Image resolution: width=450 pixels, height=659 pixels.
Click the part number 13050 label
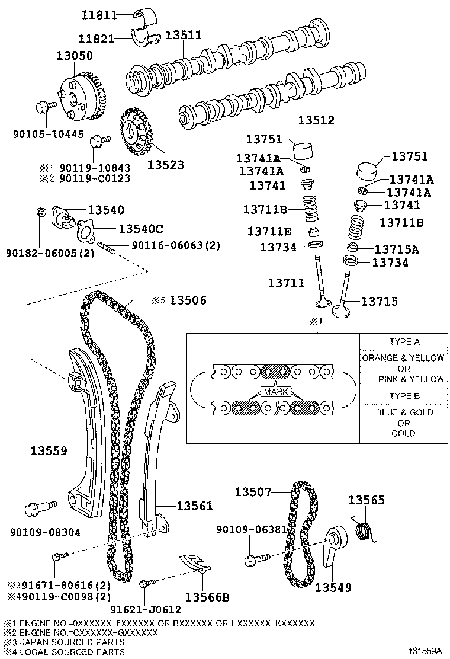(x=74, y=56)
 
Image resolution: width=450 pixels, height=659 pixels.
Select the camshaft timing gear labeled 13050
(x=81, y=98)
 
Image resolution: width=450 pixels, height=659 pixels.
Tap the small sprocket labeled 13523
(x=135, y=132)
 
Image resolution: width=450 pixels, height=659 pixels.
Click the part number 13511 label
(x=183, y=35)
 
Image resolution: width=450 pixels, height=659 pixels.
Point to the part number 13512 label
(x=316, y=120)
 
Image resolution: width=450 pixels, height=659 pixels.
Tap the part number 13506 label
(x=188, y=300)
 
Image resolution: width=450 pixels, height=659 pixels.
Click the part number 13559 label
(x=49, y=450)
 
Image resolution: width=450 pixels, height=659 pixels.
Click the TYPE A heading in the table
(x=404, y=342)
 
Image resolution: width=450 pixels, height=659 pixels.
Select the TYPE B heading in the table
(x=404, y=396)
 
